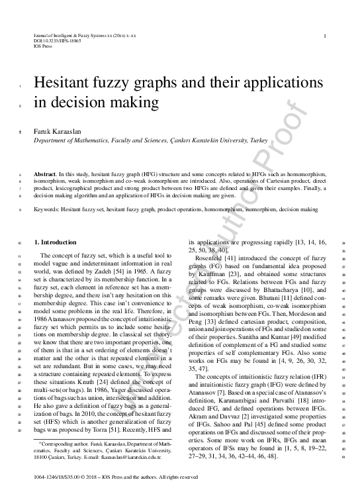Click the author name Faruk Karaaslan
56,132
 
